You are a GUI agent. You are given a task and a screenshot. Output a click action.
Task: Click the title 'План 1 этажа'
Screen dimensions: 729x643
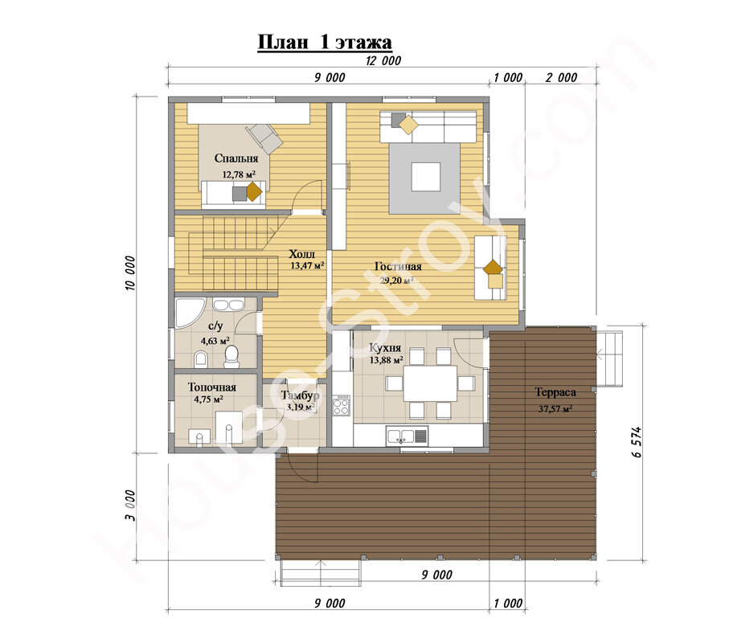tap(325, 43)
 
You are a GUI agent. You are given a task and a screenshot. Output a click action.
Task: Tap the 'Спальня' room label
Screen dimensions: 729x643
tap(236, 158)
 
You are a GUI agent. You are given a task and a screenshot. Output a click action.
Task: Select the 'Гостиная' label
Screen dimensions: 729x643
tap(398, 266)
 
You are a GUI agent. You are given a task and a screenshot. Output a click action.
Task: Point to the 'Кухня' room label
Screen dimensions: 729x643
tap(385, 348)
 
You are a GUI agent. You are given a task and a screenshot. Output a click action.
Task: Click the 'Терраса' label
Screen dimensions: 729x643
tap(555, 392)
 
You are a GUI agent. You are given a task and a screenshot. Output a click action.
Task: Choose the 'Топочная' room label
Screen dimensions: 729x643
tap(212, 387)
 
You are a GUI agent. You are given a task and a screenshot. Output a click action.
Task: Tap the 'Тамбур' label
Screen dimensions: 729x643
tap(300, 395)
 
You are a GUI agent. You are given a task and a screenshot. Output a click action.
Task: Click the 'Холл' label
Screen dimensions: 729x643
tap(301, 254)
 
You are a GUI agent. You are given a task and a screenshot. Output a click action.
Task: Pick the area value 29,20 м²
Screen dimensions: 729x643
tap(396, 281)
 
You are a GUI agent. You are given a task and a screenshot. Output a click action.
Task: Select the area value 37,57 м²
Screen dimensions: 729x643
tap(555, 409)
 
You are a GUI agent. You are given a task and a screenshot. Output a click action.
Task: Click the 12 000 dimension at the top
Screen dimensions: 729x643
tap(383, 60)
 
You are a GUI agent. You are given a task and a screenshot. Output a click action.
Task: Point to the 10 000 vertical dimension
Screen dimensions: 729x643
tap(130, 273)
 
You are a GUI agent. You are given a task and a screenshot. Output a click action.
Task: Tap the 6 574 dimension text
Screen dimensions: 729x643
tap(637, 442)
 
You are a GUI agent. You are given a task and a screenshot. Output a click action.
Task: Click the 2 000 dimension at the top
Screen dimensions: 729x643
tap(561, 77)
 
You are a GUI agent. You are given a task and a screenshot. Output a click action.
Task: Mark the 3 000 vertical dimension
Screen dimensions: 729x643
tap(130, 506)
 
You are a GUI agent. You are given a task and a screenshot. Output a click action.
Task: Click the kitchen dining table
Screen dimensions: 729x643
tap(430, 383)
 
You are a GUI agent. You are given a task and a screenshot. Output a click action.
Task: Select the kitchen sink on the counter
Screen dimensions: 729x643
tap(407, 436)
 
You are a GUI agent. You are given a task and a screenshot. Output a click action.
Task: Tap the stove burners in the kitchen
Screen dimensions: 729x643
tap(341, 405)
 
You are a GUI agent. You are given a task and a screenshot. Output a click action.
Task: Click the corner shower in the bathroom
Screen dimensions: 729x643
tap(189, 313)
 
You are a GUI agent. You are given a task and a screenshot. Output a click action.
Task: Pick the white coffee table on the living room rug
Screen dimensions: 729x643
tap(426, 177)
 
